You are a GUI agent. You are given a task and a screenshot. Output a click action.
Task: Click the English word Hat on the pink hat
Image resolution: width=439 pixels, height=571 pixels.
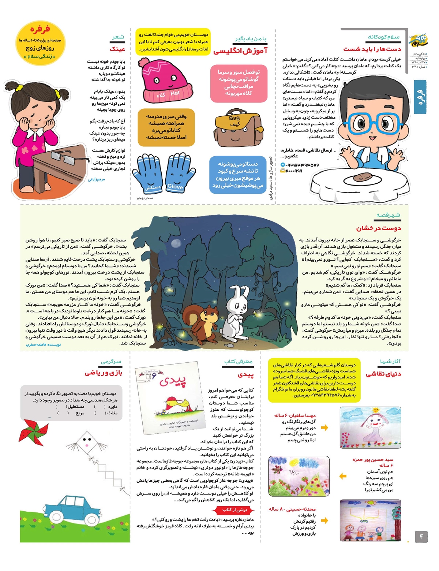(175, 93)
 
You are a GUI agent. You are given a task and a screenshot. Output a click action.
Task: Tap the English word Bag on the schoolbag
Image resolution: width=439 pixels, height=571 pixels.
(234, 118)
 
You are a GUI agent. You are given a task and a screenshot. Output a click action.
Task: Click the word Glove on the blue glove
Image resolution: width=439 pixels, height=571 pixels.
(175, 186)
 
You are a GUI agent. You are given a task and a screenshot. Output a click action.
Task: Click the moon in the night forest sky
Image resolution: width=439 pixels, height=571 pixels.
(176, 243)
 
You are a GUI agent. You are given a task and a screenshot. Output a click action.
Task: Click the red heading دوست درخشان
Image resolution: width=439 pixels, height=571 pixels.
(379, 228)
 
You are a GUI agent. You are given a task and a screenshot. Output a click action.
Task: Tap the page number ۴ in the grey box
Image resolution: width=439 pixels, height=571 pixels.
(421, 537)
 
